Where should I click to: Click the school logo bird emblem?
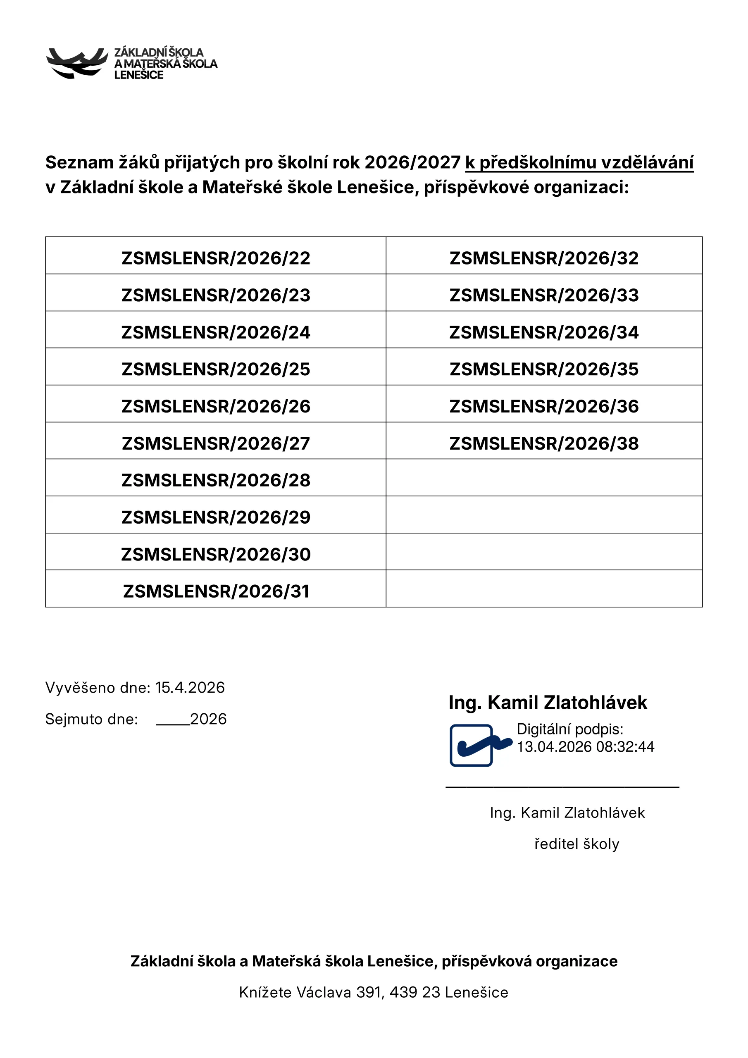(x=76, y=63)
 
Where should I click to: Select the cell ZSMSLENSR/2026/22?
(x=216, y=258)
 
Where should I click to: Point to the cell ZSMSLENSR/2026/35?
(x=544, y=369)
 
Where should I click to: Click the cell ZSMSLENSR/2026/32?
(x=544, y=258)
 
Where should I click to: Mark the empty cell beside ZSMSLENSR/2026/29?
(x=544, y=515)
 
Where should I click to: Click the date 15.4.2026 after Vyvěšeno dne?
(x=190, y=688)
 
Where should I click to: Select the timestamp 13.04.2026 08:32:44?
(x=585, y=746)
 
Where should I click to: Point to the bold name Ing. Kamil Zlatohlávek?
(x=548, y=703)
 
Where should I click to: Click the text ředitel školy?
(x=576, y=844)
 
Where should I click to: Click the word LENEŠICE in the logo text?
(x=139, y=75)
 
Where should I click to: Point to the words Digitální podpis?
(x=569, y=729)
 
